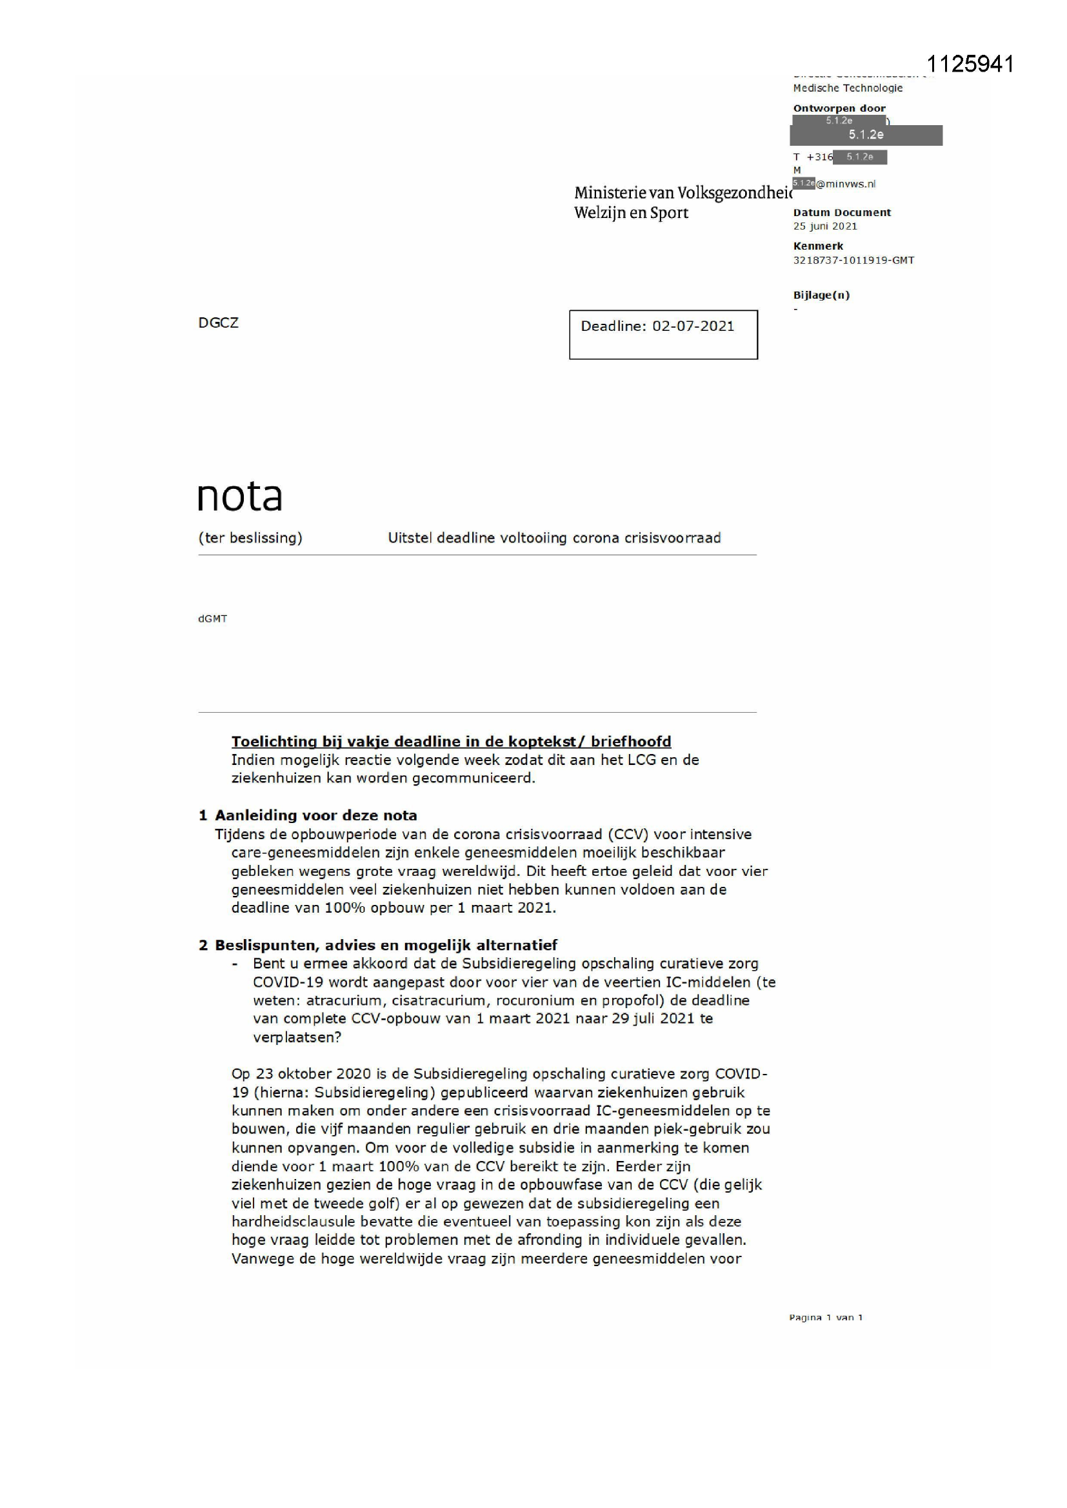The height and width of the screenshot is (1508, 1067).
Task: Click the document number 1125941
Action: (970, 64)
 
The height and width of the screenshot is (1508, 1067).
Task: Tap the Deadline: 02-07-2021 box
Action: (663, 334)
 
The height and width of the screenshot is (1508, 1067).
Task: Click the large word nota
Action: (240, 497)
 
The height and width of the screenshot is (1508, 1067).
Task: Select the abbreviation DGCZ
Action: (218, 322)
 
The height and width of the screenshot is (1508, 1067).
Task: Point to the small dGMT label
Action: (212, 619)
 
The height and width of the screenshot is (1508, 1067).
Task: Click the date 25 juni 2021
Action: (824, 226)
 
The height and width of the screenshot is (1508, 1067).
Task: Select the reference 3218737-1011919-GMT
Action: (853, 260)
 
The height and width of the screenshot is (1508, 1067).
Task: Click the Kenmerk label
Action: (818, 246)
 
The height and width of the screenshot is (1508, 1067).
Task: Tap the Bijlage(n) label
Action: (821, 295)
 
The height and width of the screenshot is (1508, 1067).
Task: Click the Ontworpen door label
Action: (839, 108)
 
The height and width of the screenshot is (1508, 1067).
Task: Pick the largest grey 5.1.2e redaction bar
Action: (865, 135)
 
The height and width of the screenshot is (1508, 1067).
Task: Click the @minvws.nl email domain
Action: (846, 184)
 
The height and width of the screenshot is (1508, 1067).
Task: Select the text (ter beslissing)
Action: (250, 538)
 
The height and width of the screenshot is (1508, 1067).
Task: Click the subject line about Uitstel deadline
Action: (554, 538)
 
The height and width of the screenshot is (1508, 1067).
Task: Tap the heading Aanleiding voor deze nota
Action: (315, 815)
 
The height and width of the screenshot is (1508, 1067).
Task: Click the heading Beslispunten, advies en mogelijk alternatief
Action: (386, 945)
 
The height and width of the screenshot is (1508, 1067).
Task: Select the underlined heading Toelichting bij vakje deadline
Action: (451, 742)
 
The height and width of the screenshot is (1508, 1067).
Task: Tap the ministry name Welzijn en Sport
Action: (631, 213)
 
